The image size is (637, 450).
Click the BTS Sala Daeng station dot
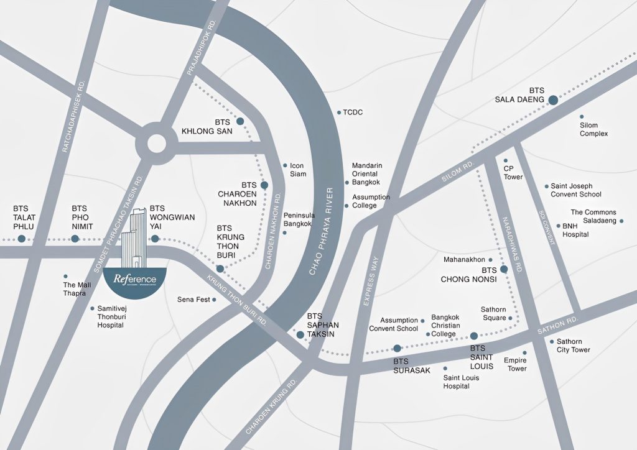[x=553, y=99]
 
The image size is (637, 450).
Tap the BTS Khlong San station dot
[x=240, y=122]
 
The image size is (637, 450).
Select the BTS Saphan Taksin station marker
[x=300, y=335]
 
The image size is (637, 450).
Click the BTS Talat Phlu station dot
[x=21, y=239]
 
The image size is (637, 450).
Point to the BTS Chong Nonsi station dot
[x=504, y=269]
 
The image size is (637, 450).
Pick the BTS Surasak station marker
[x=397, y=348]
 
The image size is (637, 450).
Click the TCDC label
[x=352, y=112]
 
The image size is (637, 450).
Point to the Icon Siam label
[x=297, y=170]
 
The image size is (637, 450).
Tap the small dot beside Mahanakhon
[x=490, y=260]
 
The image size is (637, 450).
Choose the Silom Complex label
[x=593, y=129]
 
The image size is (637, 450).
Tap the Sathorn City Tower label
[x=573, y=346]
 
